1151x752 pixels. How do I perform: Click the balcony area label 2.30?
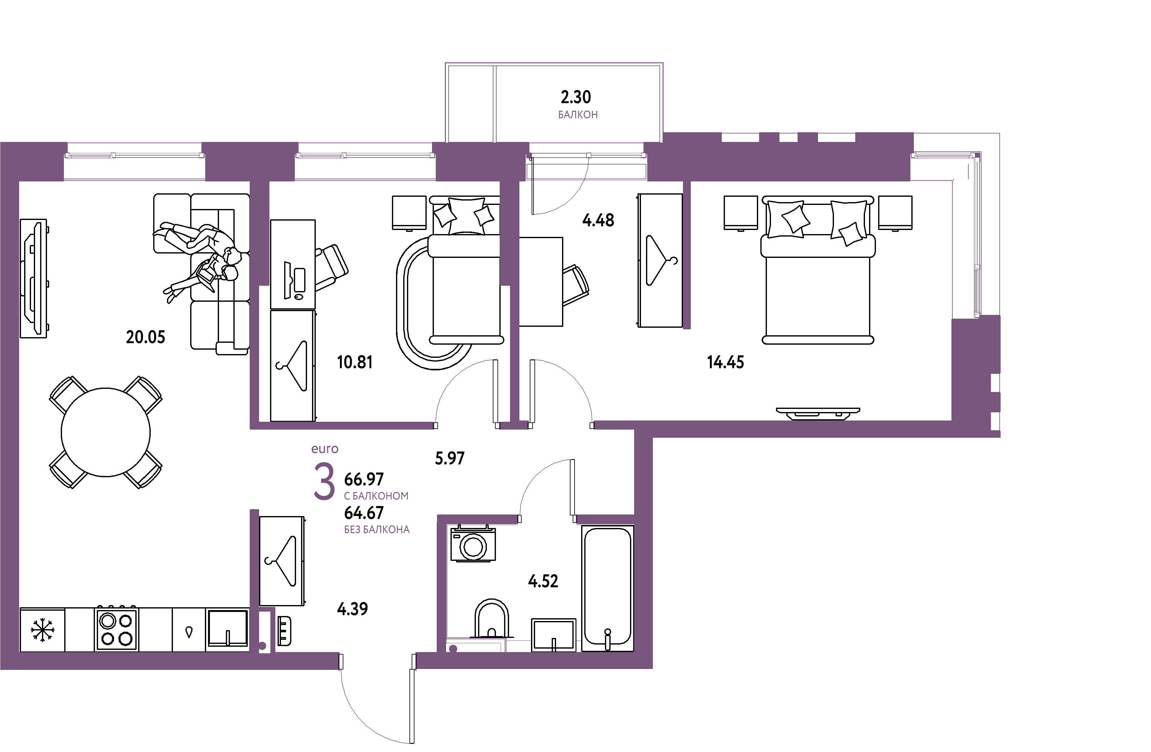[x=575, y=97]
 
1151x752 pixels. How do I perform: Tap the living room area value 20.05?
[x=146, y=337]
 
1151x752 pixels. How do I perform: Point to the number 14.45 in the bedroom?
[x=726, y=362]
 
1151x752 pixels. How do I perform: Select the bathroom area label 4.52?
[x=543, y=581]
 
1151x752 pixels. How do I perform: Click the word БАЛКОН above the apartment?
[x=578, y=115]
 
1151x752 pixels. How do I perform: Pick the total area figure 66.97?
[x=364, y=479]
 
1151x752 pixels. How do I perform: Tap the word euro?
[x=325, y=449]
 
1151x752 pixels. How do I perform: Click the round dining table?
[x=106, y=432]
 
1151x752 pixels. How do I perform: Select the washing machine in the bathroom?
[x=473, y=544]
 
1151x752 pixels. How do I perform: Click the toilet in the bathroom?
[x=491, y=619]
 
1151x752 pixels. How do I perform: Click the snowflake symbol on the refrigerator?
[x=43, y=630]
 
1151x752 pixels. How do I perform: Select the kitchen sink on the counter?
[x=227, y=629]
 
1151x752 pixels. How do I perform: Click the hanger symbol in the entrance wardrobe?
[x=281, y=561]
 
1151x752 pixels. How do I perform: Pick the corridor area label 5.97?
[x=449, y=458]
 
